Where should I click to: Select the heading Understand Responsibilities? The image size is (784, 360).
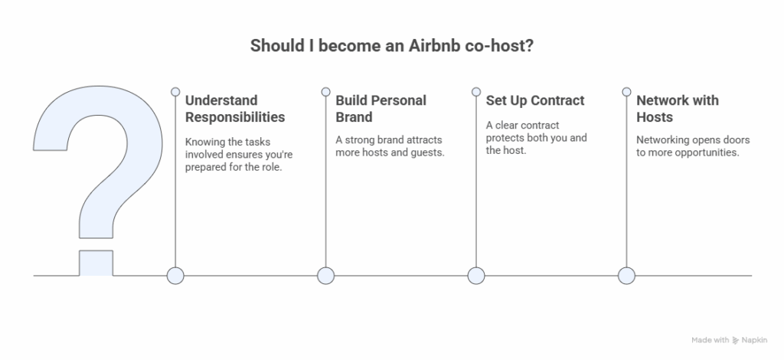[x=235, y=109]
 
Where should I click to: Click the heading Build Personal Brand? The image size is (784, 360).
[x=381, y=109]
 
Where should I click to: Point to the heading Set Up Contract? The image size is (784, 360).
[x=535, y=100]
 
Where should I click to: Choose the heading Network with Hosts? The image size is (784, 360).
[x=678, y=109]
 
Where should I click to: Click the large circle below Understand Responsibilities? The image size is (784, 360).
[x=175, y=276]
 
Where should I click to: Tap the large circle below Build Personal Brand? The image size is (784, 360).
[x=326, y=276]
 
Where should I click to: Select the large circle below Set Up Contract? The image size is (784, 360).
[x=476, y=276]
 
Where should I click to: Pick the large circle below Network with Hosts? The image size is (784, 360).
[x=626, y=276]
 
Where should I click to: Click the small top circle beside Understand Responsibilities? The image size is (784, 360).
[x=175, y=91]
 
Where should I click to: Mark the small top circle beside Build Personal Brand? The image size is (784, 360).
[x=326, y=91]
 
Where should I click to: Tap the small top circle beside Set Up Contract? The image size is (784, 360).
[x=476, y=91]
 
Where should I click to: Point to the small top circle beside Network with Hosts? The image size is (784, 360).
[x=626, y=91]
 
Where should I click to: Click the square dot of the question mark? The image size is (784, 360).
[x=96, y=263]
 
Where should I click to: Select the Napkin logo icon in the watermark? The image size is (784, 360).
[x=736, y=341]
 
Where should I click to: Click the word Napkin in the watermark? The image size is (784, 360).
[x=754, y=340]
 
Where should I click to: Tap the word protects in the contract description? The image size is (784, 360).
[x=504, y=138]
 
